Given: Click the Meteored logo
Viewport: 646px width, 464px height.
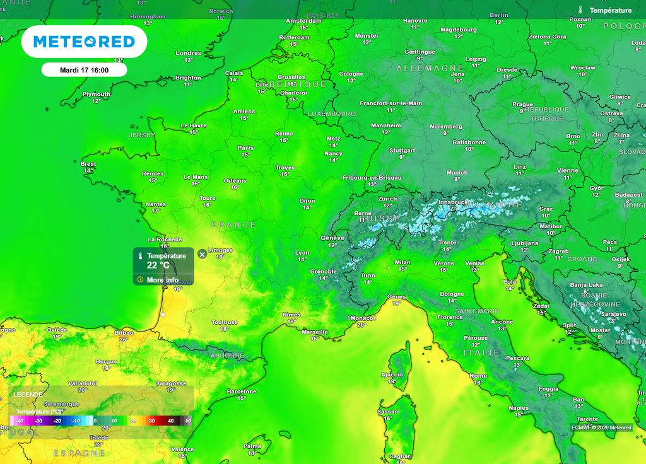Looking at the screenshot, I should point(84,42).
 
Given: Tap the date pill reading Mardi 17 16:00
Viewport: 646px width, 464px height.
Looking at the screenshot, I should point(84,70).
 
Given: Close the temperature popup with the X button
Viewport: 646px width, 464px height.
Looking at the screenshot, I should point(202,254).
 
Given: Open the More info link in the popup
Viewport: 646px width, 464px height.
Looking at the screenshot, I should point(162,280).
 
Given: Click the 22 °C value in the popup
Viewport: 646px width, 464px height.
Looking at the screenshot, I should point(158,265).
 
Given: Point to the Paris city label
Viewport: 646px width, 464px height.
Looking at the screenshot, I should point(245,148).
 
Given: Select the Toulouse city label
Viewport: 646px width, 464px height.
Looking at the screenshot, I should point(225,322).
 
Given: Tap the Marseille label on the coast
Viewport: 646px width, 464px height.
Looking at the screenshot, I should point(315,332).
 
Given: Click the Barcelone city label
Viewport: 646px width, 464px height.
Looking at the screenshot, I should point(242,391).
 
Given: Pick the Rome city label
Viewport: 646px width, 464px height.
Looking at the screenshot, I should point(478,376).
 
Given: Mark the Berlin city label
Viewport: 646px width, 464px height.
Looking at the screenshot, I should point(498,15).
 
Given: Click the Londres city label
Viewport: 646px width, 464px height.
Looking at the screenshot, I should point(188,53).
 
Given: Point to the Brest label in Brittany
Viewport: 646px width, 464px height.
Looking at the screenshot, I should point(88,164).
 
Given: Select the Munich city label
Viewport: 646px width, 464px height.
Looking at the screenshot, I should point(457,173).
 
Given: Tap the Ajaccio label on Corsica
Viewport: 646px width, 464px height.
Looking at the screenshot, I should point(392,374).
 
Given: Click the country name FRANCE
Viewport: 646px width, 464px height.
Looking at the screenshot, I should point(234,225).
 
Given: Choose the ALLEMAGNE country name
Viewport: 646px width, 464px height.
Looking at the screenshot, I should point(430,68).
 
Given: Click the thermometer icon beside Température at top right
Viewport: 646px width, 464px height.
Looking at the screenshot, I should point(580,10).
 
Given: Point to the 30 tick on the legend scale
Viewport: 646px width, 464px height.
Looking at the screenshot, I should point(151,420).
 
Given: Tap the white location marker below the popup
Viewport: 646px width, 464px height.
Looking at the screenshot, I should point(163,315).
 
